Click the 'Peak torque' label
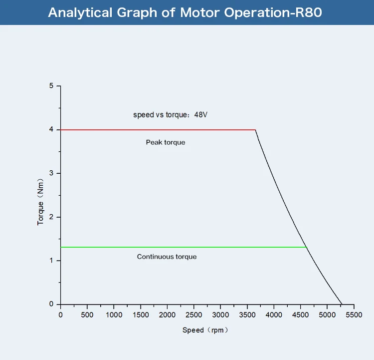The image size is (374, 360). (166, 142)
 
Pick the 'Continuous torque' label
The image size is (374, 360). (167, 257)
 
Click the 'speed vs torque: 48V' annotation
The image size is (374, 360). (170, 115)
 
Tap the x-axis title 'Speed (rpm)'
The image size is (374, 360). (205, 330)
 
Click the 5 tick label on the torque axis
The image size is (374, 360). (51, 86)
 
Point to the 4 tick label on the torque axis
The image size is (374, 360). (51, 130)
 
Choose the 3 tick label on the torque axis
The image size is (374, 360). (51, 173)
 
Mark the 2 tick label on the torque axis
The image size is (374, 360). (51, 217)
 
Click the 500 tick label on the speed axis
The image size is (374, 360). (87, 315)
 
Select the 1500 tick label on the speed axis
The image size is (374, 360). (141, 315)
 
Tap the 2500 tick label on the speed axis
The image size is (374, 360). (193, 315)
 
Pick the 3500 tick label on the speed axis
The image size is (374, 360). (247, 315)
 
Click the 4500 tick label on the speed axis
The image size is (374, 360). (300, 315)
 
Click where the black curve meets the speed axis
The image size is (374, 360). (342, 304)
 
